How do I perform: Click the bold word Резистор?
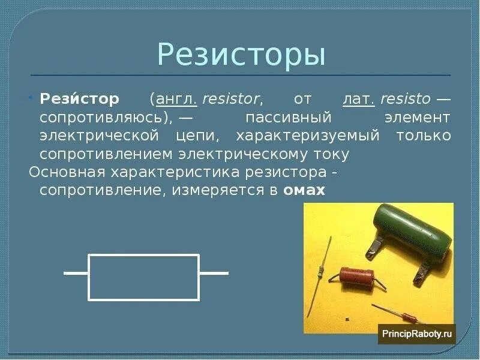(80, 98)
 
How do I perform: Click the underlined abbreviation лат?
(358, 98)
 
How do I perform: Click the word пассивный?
(280, 117)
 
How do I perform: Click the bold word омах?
(304, 191)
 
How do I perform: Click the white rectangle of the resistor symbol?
(144, 277)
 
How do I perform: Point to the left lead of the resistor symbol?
(76, 273)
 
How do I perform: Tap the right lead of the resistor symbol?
(214, 273)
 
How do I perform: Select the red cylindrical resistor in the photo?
(356, 277)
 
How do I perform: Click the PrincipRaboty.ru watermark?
(416, 334)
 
